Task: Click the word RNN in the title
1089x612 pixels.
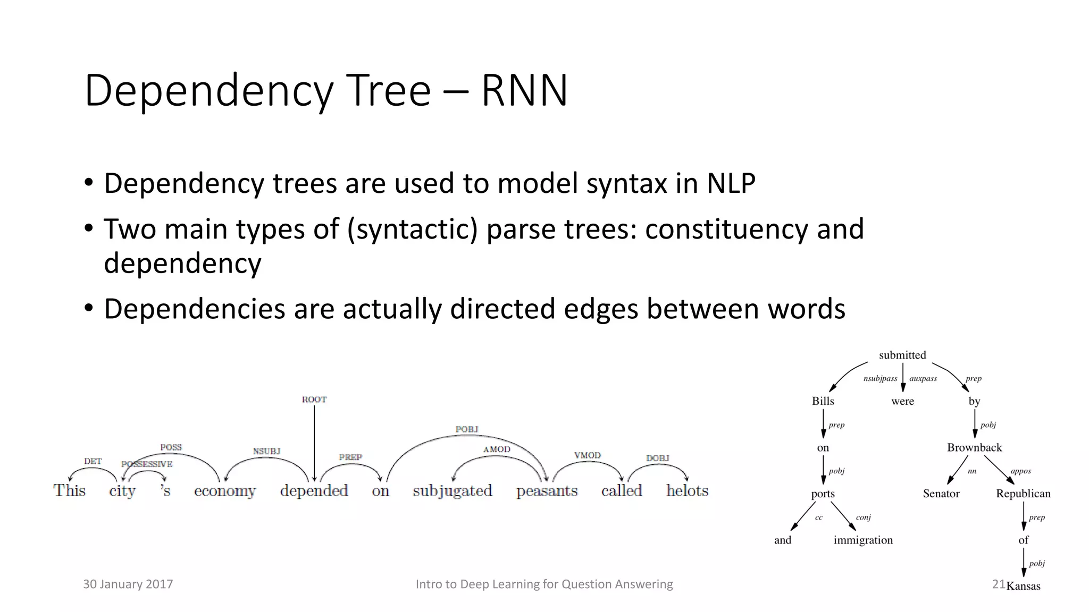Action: tap(524, 91)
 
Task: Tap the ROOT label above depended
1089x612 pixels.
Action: tap(314, 399)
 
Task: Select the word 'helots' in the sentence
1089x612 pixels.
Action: tap(687, 490)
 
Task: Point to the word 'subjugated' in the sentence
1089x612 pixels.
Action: tap(452, 491)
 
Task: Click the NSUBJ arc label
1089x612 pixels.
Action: tap(266, 452)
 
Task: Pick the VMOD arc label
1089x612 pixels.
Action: tap(587, 456)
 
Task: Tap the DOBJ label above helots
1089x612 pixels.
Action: tap(657, 458)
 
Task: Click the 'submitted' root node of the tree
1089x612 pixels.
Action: tap(902, 355)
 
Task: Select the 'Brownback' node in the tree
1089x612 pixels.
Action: tap(974, 447)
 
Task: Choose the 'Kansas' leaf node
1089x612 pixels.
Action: tap(1024, 586)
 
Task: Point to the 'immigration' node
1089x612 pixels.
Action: tap(863, 540)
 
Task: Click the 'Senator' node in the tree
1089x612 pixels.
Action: tap(941, 494)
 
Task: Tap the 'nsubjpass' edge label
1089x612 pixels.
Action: tap(880, 379)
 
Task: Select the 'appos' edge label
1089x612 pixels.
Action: tap(1020, 471)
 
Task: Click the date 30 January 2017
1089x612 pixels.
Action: tap(128, 584)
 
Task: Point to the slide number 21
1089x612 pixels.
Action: tap(998, 584)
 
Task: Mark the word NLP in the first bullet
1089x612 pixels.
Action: tap(731, 183)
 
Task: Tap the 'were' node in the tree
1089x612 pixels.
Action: tap(902, 401)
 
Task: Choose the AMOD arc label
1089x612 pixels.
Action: tap(497, 449)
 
